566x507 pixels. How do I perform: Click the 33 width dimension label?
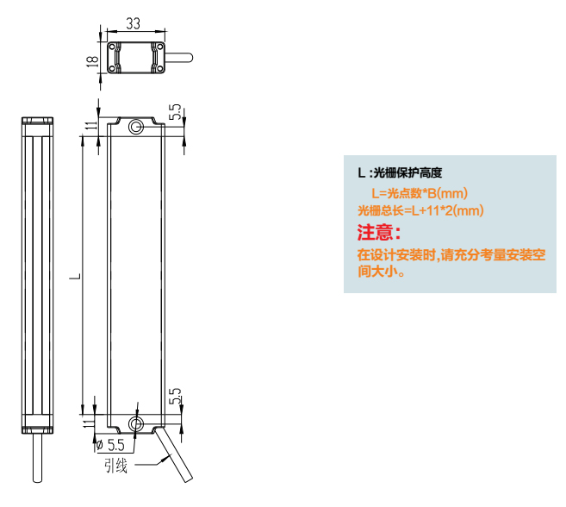133,23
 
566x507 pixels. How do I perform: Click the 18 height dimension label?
92,60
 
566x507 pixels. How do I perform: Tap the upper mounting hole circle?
136,127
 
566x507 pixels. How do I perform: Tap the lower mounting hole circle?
136,423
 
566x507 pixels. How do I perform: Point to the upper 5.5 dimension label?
176,112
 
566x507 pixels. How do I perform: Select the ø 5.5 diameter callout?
111,445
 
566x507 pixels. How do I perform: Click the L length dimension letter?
75,277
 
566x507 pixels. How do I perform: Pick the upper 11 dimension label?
91,125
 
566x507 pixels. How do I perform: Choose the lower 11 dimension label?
88,422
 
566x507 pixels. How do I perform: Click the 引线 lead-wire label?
116,466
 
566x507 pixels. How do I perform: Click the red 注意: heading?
379,232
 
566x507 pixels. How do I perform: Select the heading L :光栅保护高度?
400,172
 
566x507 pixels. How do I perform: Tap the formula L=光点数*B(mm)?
420,193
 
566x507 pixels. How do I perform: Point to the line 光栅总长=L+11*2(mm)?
420,210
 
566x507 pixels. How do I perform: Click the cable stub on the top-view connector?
178,58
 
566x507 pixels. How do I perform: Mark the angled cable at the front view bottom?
174,454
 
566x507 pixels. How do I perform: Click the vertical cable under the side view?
37,458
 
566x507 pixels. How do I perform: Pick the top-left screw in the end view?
112,47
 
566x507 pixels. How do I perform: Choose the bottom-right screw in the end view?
159,69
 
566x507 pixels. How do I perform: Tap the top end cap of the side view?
38,121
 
